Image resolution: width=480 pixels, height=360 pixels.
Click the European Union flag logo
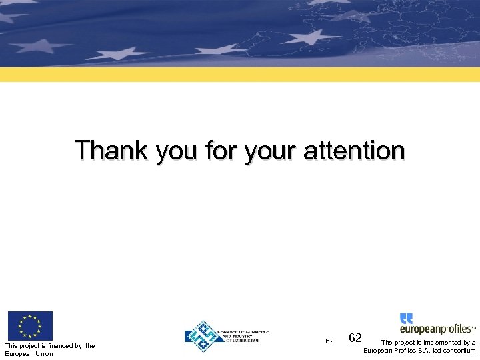[x=30, y=325]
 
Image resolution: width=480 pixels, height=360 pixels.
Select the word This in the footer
[x=11, y=345]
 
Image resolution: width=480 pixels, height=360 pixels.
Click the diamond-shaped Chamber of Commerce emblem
[x=204, y=336]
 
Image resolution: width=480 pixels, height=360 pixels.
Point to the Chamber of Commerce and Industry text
[x=246, y=336]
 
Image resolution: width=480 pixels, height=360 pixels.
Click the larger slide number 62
[x=355, y=339]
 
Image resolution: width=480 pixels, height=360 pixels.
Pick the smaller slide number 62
[x=329, y=341]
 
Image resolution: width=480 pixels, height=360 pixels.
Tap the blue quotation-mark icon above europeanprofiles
[x=406, y=319]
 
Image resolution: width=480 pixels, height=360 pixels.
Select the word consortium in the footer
[x=459, y=351]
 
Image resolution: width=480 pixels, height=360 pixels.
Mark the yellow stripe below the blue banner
[x=240, y=74]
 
